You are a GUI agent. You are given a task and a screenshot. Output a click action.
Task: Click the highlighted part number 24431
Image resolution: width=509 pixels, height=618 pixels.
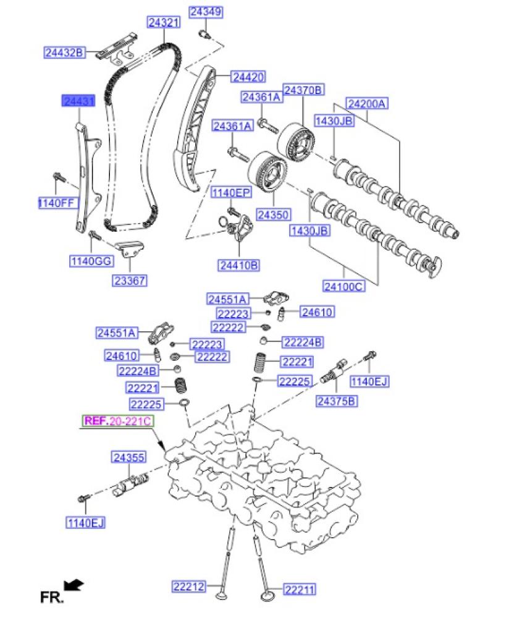77,101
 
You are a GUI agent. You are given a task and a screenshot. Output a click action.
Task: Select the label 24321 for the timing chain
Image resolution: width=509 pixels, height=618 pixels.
163,23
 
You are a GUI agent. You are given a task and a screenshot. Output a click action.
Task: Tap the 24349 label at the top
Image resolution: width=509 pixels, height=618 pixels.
206,12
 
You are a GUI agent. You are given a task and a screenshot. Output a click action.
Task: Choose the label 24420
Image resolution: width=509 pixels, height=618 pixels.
248,77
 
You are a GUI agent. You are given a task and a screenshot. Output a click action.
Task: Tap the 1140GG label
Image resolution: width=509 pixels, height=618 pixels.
91,261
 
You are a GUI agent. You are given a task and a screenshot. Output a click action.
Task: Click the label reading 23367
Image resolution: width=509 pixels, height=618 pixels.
129,281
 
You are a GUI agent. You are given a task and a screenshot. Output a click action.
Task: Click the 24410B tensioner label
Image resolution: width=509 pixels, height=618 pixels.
238,265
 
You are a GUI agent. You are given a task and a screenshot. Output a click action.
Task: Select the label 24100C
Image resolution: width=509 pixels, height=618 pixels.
343,286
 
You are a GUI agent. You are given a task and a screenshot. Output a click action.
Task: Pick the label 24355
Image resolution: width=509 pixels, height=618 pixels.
128,457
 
